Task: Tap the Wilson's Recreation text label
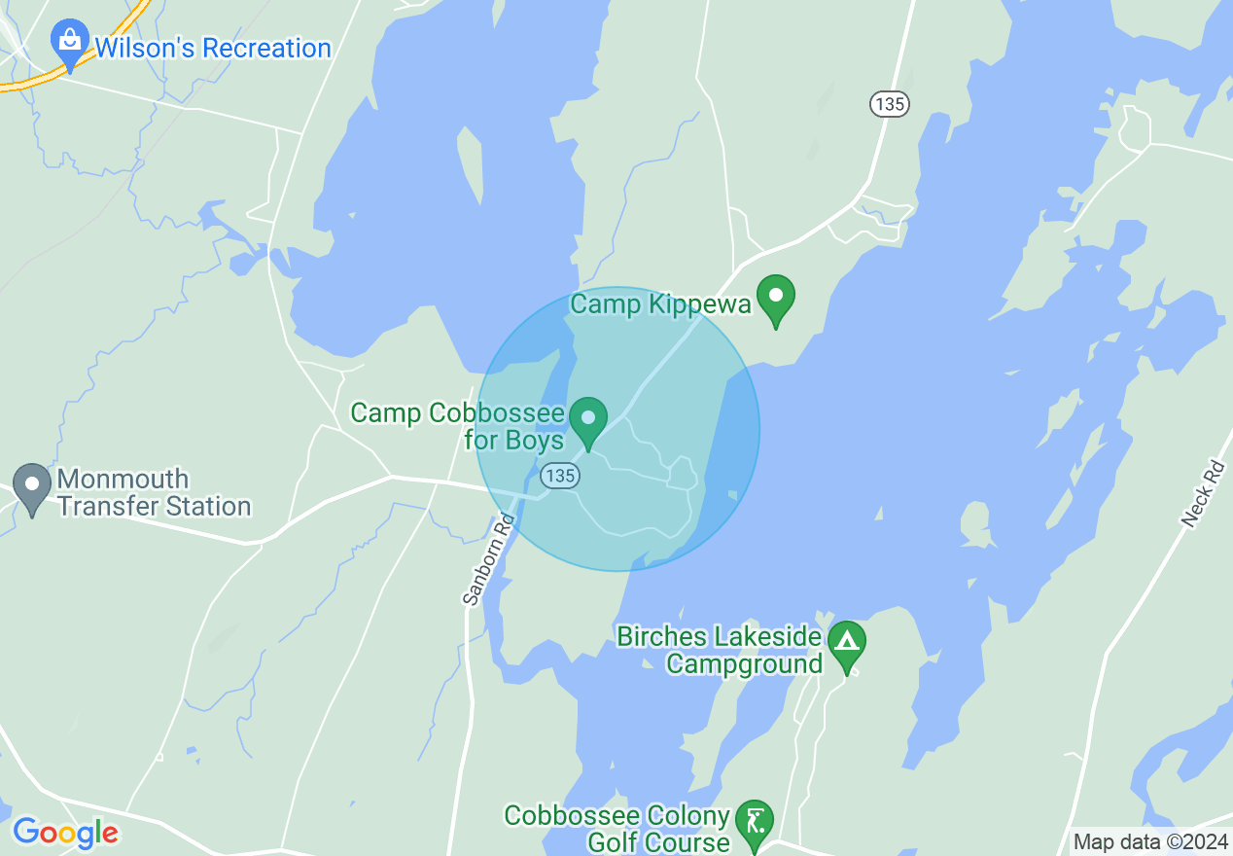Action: tap(212, 49)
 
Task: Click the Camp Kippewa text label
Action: tap(660, 304)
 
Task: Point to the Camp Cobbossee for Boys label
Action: tap(457, 426)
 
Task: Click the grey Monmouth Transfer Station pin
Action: tap(32, 486)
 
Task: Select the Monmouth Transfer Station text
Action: tap(154, 493)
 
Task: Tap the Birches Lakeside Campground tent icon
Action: tap(847, 643)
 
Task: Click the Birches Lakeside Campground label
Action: tap(720, 651)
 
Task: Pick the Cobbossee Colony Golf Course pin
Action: tap(754, 822)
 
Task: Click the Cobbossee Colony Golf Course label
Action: tap(616, 829)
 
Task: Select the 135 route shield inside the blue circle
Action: tap(561, 476)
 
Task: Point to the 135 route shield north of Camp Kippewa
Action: tap(890, 104)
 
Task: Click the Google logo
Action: tap(65, 833)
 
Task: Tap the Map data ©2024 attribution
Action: tap(1149, 841)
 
